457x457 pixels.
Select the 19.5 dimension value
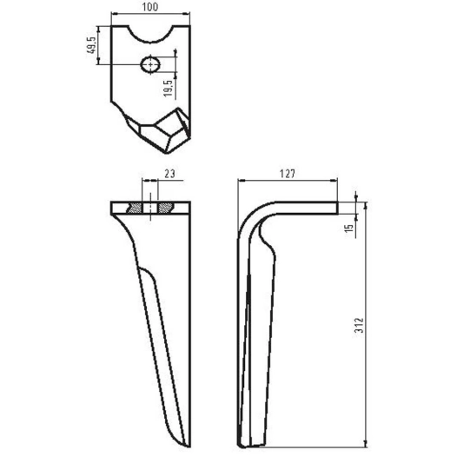(x=169, y=88)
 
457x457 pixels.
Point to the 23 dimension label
(x=169, y=174)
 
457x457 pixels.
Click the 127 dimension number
(x=288, y=174)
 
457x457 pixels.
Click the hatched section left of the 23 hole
(x=136, y=209)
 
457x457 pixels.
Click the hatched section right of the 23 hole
(x=164, y=209)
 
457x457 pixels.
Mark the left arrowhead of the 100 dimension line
(x=113, y=16)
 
